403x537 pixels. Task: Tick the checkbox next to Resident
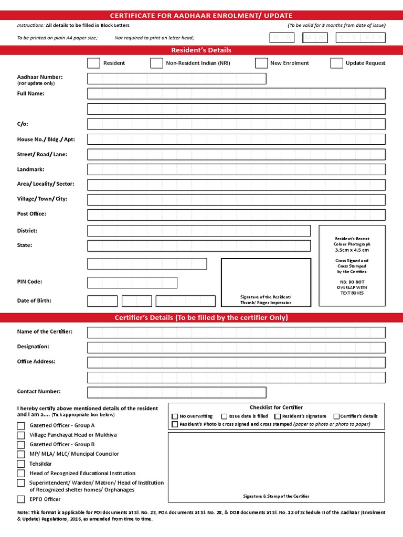pyautogui.click(x=93, y=63)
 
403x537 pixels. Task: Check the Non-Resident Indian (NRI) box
pyautogui.click(x=156, y=63)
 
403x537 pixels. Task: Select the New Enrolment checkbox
pyautogui.click(x=261, y=63)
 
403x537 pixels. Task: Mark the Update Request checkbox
pyautogui.click(x=337, y=63)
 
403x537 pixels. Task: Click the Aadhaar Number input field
pyautogui.click(x=177, y=79)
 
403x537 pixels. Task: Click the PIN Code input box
pyautogui.click(x=132, y=283)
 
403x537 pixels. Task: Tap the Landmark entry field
pyautogui.click(x=236, y=169)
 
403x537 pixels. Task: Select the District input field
pyautogui.click(x=199, y=231)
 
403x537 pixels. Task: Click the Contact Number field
pyautogui.click(x=177, y=392)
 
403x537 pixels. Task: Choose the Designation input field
pyautogui.click(x=236, y=347)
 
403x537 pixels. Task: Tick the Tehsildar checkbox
pyautogui.click(x=21, y=464)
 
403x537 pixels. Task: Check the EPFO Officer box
pyautogui.click(x=21, y=499)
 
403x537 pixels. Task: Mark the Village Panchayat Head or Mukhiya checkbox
pyautogui.click(x=21, y=435)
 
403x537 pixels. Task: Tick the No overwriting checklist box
pyautogui.click(x=175, y=416)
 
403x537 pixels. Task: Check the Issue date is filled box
pyautogui.click(x=225, y=416)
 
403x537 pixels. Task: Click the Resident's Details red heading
pyautogui.click(x=201, y=50)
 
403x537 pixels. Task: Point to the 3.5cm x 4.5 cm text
pyautogui.click(x=352, y=250)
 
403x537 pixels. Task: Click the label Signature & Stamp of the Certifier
pyautogui.click(x=276, y=496)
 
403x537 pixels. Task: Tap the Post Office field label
pyautogui.click(x=31, y=214)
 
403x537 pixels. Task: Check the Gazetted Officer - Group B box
pyautogui.click(x=21, y=445)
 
